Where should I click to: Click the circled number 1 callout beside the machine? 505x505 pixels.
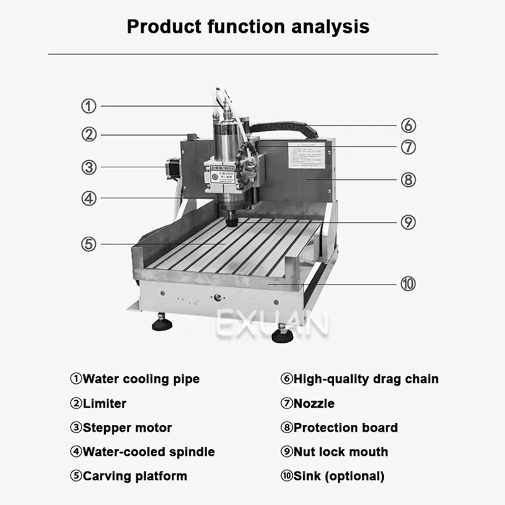pyautogui.click(x=90, y=106)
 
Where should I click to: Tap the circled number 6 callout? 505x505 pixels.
pyautogui.click(x=408, y=125)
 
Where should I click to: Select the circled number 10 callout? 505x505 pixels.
pyautogui.click(x=408, y=284)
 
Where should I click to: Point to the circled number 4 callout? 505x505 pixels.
pyautogui.click(x=90, y=198)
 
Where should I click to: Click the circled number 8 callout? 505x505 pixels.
pyautogui.click(x=408, y=179)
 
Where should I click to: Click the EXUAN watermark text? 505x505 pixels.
pyautogui.click(x=273, y=325)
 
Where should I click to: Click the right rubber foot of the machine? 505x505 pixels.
pyautogui.click(x=282, y=335)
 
